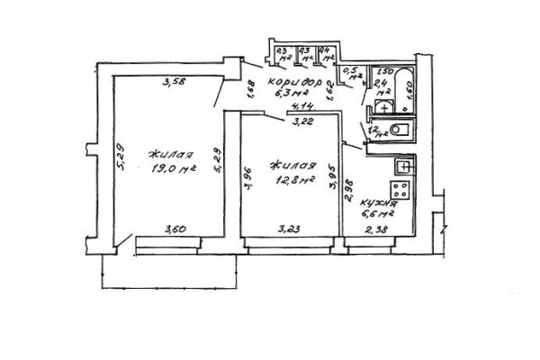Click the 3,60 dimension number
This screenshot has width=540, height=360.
click(171, 230)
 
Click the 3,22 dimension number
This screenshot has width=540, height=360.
click(299, 115)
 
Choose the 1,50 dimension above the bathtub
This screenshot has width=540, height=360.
click(385, 71)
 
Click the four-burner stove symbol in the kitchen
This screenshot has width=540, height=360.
click(403, 190)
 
